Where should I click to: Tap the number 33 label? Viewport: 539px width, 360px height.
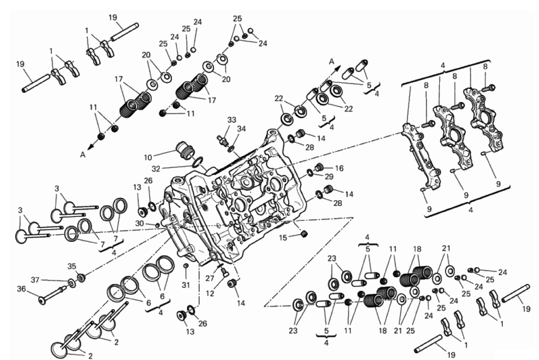(x=231, y=120)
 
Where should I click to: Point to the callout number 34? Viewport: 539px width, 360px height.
(x=242, y=129)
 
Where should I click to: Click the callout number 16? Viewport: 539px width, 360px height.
(x=339, y=168)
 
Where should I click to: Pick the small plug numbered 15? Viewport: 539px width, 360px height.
(x=304, y=234)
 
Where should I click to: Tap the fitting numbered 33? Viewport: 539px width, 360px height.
(x=222, y=139)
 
